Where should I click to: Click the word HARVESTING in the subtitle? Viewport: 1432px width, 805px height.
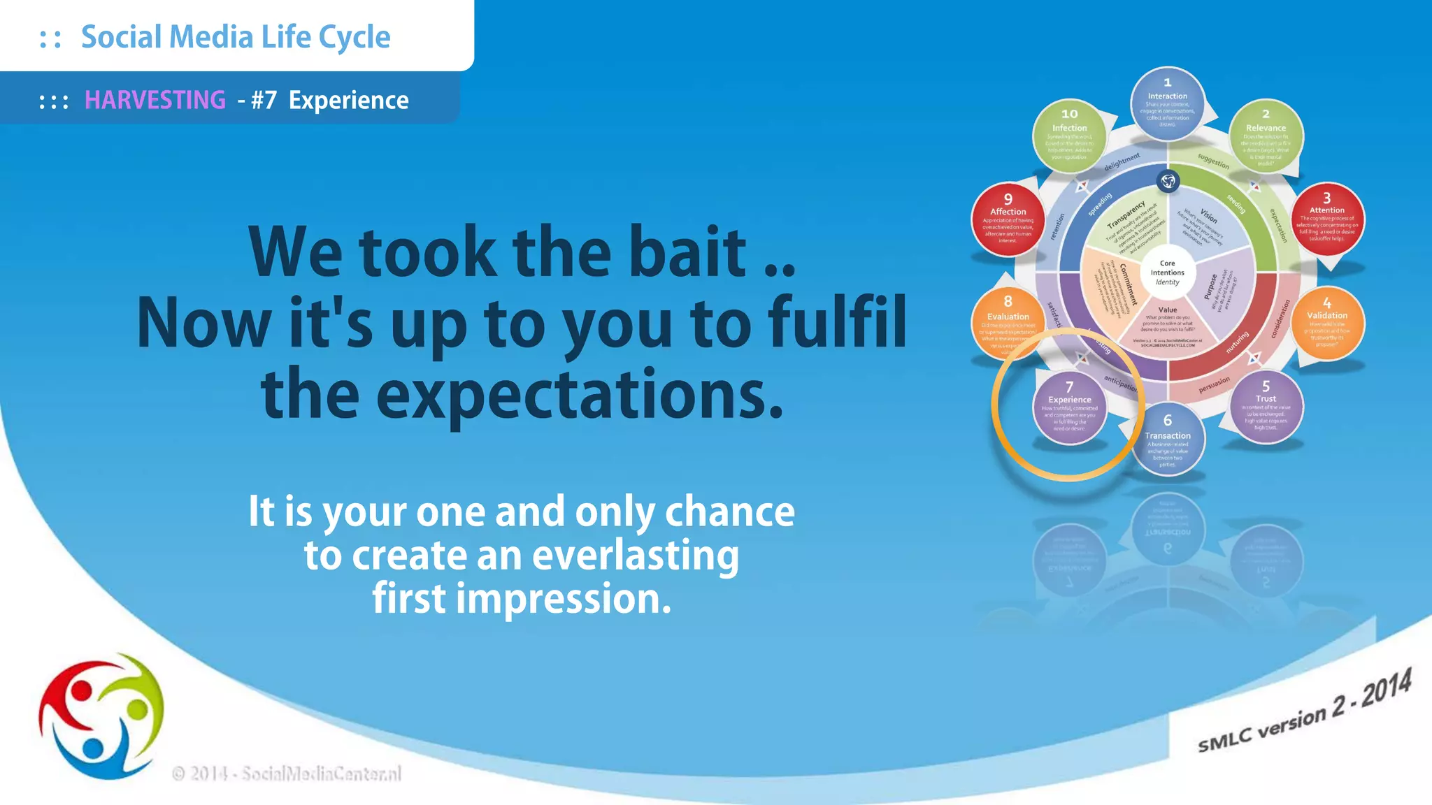(155, 101)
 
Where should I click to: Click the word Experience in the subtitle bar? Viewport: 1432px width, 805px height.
(348, 101)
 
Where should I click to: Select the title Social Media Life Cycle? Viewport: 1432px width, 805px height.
(236, 37)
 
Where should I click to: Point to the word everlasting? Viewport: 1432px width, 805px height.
(635, 556)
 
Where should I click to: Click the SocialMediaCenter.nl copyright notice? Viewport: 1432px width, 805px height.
(287, 774)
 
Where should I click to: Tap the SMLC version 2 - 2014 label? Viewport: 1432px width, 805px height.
(1304, 712)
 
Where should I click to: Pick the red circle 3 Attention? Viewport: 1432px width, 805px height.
(1326, 219)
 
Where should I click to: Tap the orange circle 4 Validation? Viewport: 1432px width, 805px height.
(1326, 323)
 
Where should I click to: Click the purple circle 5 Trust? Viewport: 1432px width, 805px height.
(1266, 407)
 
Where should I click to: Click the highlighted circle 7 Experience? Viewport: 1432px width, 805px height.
(1069, 407)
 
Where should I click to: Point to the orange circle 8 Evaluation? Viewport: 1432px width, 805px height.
(1008, 324)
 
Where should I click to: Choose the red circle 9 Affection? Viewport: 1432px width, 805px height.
(1008, 219)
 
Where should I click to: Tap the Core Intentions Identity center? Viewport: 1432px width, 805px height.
(1167, 273)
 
